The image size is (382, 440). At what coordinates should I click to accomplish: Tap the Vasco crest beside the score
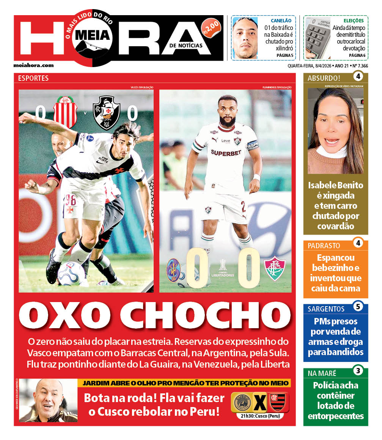107,112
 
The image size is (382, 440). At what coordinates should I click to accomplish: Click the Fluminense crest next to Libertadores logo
275,269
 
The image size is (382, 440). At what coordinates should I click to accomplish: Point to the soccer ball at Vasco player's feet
71,274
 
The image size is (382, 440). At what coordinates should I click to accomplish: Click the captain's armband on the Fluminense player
252,146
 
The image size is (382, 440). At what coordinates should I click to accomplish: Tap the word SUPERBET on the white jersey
226,153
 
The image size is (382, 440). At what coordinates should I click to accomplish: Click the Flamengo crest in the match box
277,402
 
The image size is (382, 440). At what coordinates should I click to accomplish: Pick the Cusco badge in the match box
242,402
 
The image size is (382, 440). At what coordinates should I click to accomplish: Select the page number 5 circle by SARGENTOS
358,305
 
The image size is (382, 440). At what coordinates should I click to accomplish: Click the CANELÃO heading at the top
281,20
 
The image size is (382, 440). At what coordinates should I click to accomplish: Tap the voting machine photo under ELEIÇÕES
318,38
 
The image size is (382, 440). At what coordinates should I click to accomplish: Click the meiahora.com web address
33,65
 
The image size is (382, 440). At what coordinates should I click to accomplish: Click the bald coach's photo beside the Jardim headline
48,400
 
